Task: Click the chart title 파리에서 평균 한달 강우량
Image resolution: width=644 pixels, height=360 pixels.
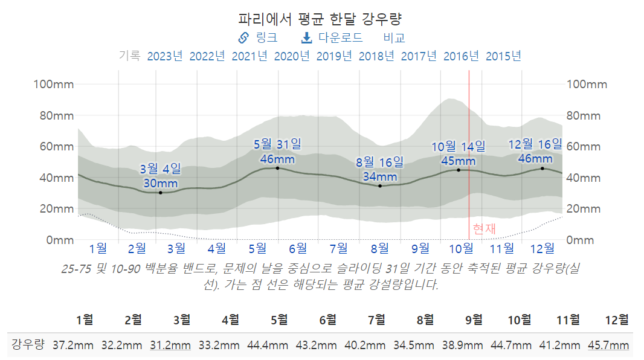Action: click(x=321, y=18)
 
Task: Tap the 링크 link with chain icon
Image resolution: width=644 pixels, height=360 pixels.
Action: click(x=258, y=37)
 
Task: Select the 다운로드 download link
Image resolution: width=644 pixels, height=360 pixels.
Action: click(x=332, y=37)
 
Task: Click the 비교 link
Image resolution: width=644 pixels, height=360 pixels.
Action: click(x=394, y=37)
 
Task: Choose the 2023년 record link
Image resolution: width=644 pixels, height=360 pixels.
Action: click(x=165, y=56)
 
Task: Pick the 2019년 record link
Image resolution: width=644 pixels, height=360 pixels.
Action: click(x=334, y=56)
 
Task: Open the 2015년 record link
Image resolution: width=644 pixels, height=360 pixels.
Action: click(x=503, y=56)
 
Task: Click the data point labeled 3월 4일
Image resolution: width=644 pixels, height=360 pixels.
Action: click(x=160, y=193)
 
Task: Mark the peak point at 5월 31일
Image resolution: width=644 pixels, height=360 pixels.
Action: click(x=277, y=168)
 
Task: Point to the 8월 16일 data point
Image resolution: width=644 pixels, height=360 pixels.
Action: click(x=380, y=186)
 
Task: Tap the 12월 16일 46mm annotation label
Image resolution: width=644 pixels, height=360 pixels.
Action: click(x=535, y=152)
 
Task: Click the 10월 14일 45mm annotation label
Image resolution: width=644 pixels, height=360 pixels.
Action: click(x=458, y=153)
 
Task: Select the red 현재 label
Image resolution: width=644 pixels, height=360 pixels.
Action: click(x=484, y=229)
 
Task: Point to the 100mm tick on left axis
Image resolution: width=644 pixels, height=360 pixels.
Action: click(x=53, y=84)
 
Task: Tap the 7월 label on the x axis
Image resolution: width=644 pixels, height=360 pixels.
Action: click(x=339, y=248)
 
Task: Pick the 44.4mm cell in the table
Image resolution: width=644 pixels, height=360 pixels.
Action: click(x=268, y=346)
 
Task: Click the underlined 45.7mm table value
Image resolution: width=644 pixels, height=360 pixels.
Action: click(x=608, y=346)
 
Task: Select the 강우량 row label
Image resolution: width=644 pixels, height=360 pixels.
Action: click(x=28, y=346)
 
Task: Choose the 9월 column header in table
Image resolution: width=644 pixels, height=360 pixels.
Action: click(x=474, y=319)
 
